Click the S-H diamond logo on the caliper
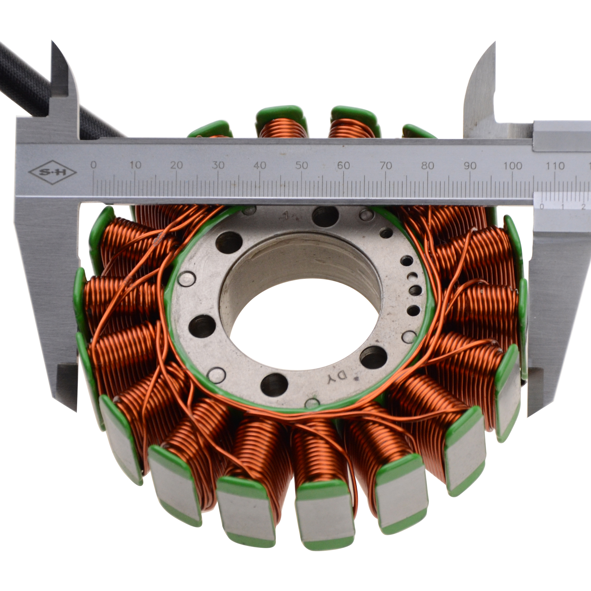coord(52,172)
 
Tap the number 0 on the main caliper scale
coord(94,165)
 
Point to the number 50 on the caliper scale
coord(301,165)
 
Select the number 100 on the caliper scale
coord(512,165)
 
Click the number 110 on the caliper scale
coord(555,165)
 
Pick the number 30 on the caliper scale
coord(218,165)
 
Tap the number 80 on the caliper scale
coord(427,165)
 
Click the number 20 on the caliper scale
coord(177,165)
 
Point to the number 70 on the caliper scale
coord(386,165)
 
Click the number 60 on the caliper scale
coord(343,165)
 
